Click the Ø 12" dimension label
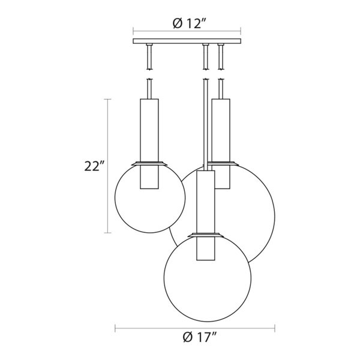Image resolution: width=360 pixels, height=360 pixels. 190,23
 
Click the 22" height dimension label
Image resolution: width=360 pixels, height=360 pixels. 95,166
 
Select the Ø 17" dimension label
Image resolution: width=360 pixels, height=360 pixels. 200,337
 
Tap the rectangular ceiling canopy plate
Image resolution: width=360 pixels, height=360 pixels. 187,41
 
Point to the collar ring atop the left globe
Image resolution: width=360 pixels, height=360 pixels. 149,163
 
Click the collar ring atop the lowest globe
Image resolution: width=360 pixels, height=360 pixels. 206,235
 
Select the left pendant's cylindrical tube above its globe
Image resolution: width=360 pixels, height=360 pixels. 149,144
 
